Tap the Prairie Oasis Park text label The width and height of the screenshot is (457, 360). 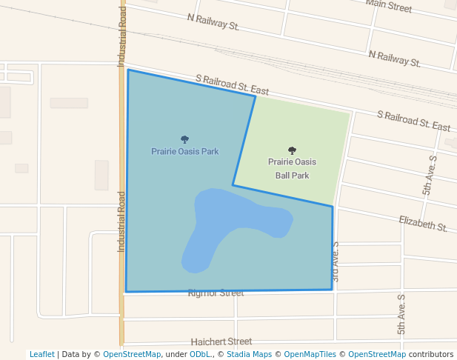[x=185, y=151]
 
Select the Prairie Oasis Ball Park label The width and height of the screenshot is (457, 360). [x=292, y=168]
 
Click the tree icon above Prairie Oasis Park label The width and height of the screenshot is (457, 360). [x=184, y=139]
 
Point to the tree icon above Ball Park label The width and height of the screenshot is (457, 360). [x=292, y=150]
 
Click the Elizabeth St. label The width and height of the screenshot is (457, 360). [x=423, y=223]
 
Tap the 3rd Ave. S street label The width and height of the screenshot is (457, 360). [x=336, y=261]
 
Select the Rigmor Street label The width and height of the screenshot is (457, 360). [x=216, y=293]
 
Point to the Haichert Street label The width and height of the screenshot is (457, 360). [x=221, y=341]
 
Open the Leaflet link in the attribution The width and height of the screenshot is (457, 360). [x=41, y=354]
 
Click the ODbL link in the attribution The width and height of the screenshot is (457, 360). [x=199, y=354]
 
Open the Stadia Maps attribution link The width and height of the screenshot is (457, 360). [x=248, y=354]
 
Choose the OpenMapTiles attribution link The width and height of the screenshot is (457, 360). [x=308, y=354]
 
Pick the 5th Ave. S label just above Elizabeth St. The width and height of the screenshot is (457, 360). [x=430, y=175]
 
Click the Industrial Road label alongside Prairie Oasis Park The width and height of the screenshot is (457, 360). [x=122, y=221]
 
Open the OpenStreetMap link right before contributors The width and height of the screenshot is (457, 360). [x=377, y=354]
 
